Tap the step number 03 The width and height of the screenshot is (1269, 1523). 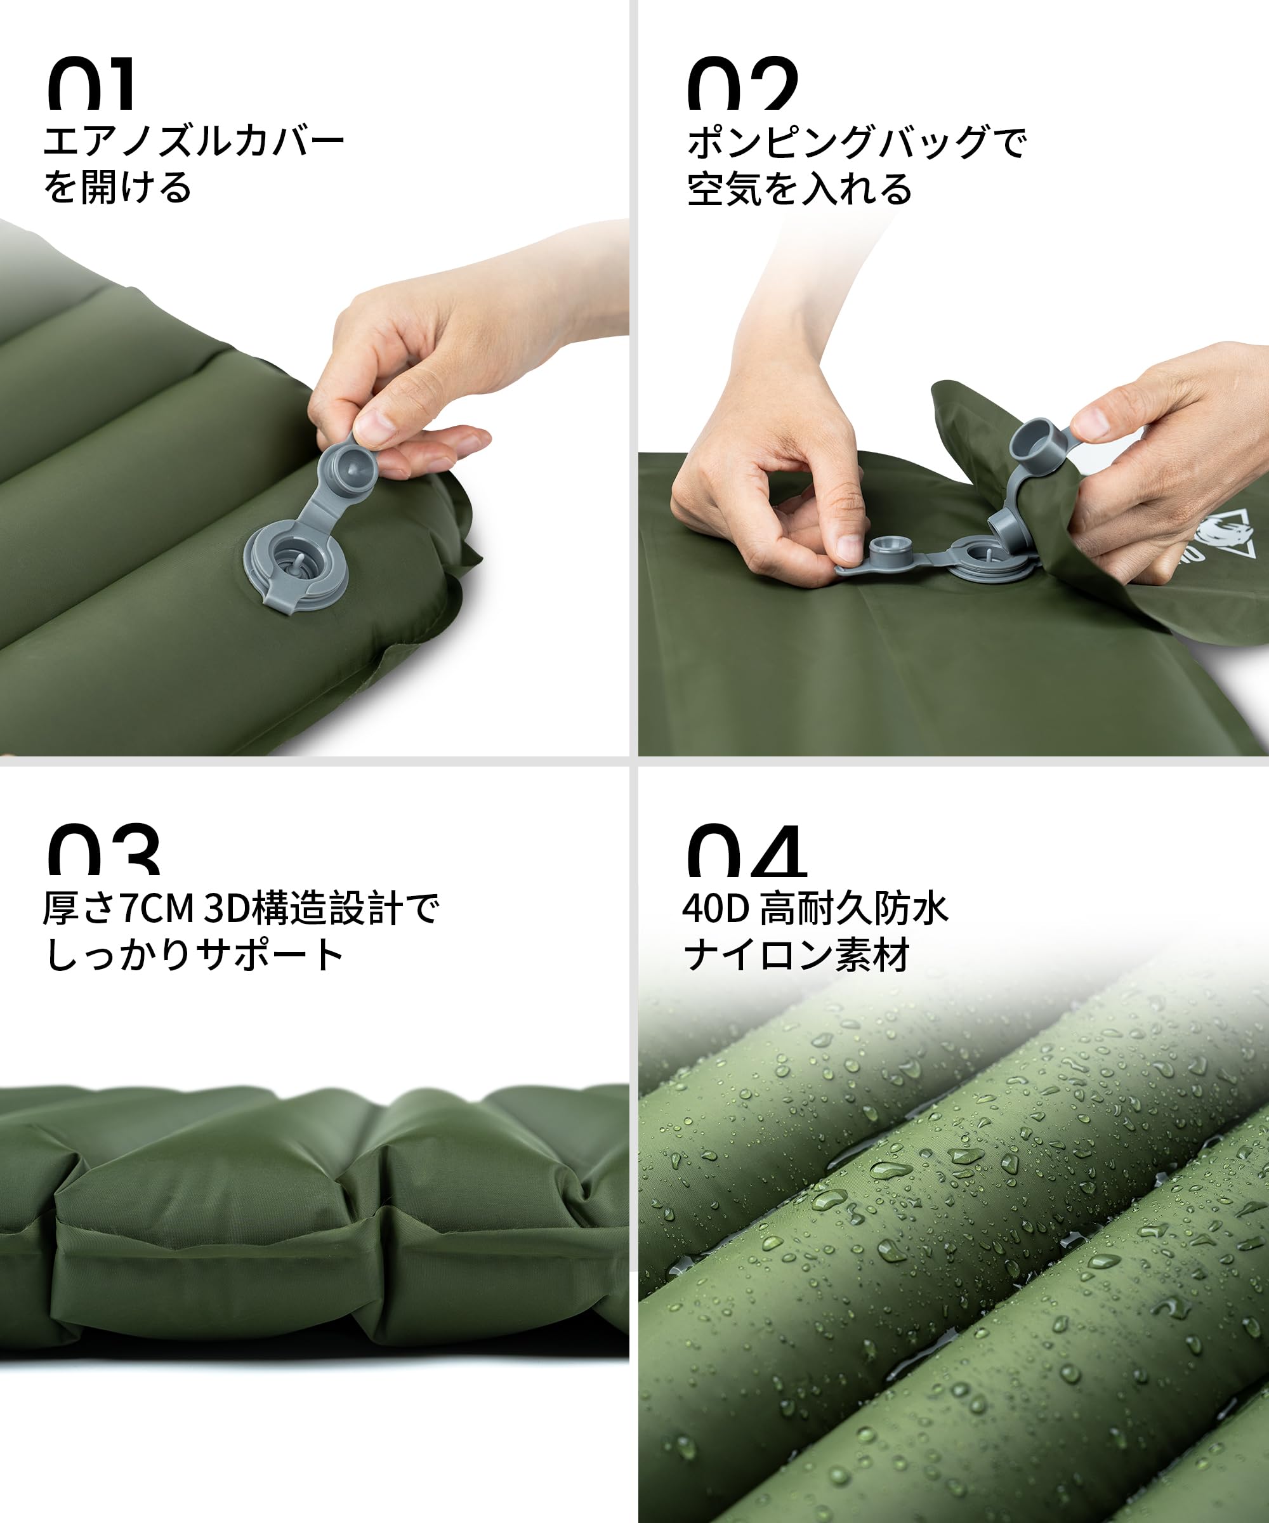click(x=103, y=850)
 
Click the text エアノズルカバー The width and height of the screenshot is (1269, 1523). click(x=194, y=142)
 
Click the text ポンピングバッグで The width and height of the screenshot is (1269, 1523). click(x=857, y=142)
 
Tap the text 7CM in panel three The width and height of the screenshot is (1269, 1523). click(x=157, y=909)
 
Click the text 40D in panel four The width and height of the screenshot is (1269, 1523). click(x=715, y=909)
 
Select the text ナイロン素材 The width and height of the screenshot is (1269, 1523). click(x=796, y=955)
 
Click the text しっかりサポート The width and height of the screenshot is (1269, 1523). click(x=194, y=955)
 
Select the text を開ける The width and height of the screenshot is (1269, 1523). click(x=117, y=188)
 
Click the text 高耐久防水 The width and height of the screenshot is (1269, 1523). click(x=853, y=909)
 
